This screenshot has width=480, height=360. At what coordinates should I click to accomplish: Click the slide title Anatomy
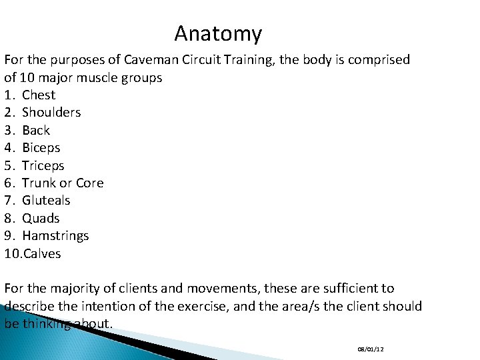(218, 33)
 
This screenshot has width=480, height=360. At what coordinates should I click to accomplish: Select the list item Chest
(39, 95)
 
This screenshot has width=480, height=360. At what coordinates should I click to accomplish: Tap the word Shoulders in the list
(51, 113)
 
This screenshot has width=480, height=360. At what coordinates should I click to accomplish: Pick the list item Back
(36, 131)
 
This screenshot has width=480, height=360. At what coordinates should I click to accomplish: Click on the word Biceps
(41, 148)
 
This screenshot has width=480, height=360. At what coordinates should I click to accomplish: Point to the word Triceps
(43, 165)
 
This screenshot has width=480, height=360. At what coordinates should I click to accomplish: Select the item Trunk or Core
(63, 183)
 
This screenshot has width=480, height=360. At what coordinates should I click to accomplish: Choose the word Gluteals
(46, 201)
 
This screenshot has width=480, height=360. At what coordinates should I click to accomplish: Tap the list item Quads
(41, 218)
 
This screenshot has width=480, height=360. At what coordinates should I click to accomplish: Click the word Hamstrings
(55, 236)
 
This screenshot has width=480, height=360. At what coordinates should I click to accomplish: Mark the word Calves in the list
(41, 253)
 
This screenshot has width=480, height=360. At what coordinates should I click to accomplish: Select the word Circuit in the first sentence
(189, 60)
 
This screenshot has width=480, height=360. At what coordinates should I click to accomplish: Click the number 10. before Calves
(13, 253)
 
